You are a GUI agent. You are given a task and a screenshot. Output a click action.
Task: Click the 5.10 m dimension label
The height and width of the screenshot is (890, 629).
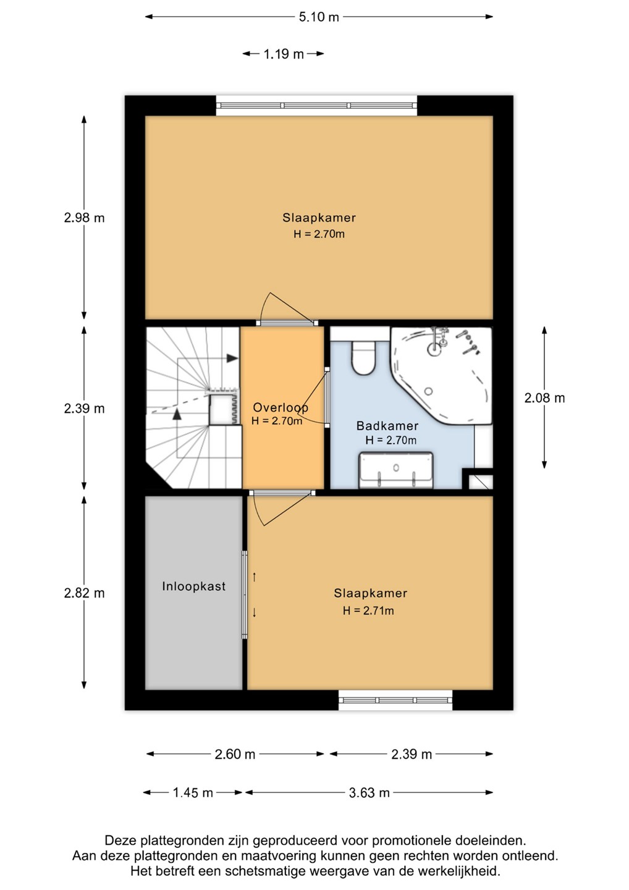(319, 17)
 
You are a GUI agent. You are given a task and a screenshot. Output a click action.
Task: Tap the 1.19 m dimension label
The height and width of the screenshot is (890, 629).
(284, 54)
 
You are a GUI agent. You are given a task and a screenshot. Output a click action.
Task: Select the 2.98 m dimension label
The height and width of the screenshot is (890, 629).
(84, 218)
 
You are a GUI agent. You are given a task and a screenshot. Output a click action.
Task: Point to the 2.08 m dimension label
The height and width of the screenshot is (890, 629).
(544, 398)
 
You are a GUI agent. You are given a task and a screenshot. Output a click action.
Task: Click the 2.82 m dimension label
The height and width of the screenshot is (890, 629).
(84, 593)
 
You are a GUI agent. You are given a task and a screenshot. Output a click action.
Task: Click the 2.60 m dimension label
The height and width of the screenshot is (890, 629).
(235, 754)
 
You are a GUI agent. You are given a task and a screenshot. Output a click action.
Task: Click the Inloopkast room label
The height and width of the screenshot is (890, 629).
(194, 586)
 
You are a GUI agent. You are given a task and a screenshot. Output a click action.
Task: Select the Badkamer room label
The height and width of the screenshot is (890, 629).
(387, 426)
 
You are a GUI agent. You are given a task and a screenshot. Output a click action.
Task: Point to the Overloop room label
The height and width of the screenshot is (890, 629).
(281, 408)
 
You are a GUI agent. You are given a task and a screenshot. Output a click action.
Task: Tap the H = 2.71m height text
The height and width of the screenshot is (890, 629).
(368, 611)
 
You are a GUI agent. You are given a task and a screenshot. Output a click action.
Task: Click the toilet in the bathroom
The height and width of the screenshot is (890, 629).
(363, 358)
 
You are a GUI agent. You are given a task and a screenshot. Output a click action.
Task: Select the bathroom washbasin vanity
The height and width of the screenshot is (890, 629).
(396, 470)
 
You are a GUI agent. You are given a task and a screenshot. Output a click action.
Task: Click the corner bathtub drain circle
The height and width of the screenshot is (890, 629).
(428, 391)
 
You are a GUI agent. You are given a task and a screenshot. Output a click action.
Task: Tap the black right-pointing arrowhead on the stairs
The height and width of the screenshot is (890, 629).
(232, 358)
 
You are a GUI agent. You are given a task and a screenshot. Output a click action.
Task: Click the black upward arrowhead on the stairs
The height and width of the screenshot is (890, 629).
(177, 414)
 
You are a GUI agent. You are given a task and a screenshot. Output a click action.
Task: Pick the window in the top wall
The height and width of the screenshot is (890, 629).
(317, 106)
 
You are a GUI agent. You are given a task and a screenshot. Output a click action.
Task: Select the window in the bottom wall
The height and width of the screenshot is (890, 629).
(395, 700)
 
